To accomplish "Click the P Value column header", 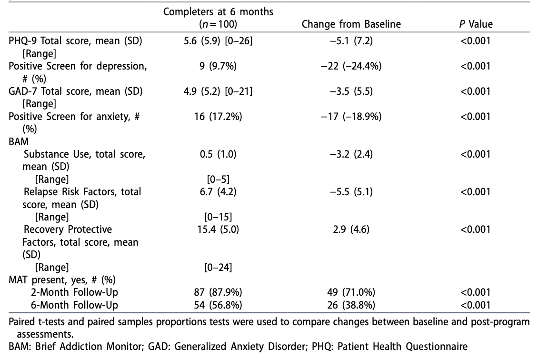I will click(476, 24).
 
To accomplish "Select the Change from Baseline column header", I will click(351, 24).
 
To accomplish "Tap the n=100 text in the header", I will click(218, 24).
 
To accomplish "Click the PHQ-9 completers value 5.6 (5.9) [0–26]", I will click(218, 41).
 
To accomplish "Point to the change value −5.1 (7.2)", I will click(351, 41).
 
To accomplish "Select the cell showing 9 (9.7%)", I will click(218, 66).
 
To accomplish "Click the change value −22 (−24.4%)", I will click(351, 66).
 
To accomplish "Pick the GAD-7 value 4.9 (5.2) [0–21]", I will click(218, 91).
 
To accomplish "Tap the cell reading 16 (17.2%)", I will click(218, 116).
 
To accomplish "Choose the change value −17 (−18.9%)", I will click(351, 116).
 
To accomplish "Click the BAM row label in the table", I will click(19, 141).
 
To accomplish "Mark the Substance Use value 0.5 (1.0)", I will click(218, 154).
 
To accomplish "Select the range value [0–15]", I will click(218, 217).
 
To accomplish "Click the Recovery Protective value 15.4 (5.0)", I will click(218, 230).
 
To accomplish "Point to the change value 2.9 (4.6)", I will click(351, 230).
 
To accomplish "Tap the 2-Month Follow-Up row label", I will click(70, 292).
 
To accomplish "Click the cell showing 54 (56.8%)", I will click(218, 305).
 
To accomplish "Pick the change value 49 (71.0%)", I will click(351, 292).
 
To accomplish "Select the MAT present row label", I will click(62, 280).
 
